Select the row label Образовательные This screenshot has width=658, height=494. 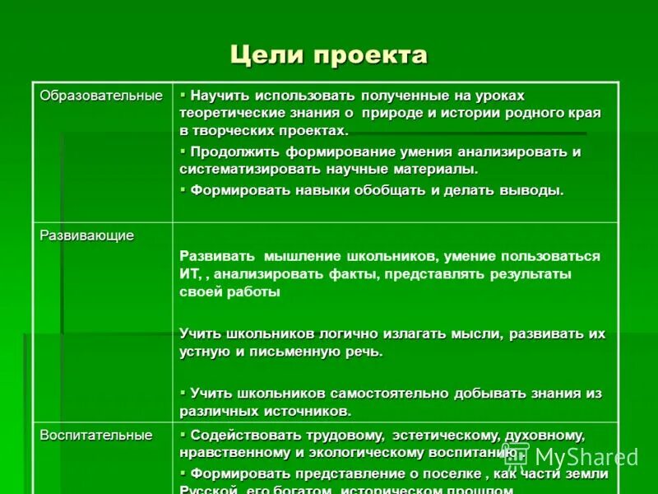(x=101, y=96)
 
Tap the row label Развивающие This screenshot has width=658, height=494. (x=86, y=235)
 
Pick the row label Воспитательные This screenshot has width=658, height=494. (x=96, y=435)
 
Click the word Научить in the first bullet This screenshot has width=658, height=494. (x=220, y=96)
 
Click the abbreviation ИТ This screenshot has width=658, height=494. (x=189, y=273)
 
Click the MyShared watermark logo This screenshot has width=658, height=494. (x=571, y=457)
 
